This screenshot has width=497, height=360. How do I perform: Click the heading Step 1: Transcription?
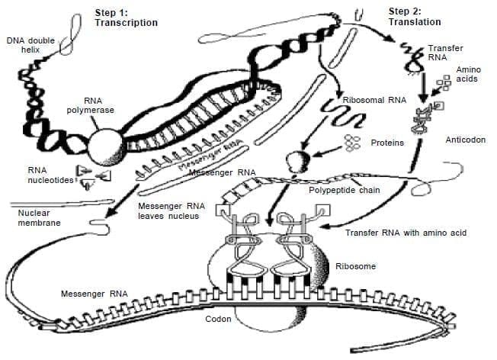click(x=126, y=18)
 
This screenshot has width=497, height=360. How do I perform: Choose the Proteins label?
click(x=387, y=143)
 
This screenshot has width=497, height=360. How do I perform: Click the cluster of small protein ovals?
click(x=353, y=143)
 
